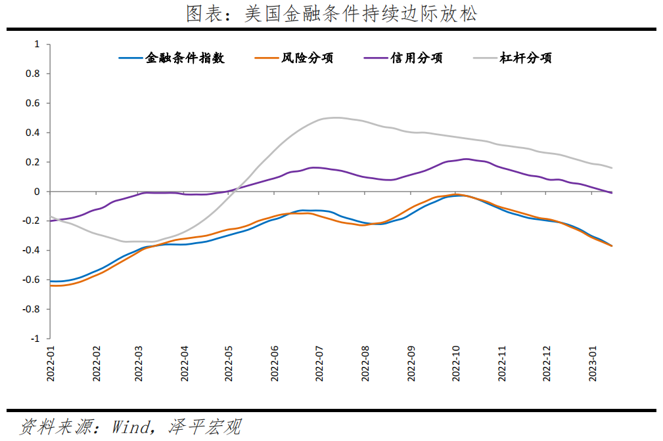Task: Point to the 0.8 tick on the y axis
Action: (33, 73)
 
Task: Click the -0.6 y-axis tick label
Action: (31, 280)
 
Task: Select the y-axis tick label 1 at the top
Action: (37, 44)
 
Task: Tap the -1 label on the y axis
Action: (35, 339)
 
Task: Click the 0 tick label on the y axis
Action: (37, 192)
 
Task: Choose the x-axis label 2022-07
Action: (319, 364)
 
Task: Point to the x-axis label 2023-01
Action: (593, 364)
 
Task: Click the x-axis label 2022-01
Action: (51, 364)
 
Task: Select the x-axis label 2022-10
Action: (456, 364)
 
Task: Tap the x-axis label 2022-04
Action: (185, 364)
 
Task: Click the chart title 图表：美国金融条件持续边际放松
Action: (331, 14)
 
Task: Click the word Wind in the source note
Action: (131, 427)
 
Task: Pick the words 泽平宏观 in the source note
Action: (204, 427)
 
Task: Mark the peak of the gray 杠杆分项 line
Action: (336, 118)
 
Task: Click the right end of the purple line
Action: (611, 193)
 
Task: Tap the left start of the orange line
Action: (51, 285)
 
